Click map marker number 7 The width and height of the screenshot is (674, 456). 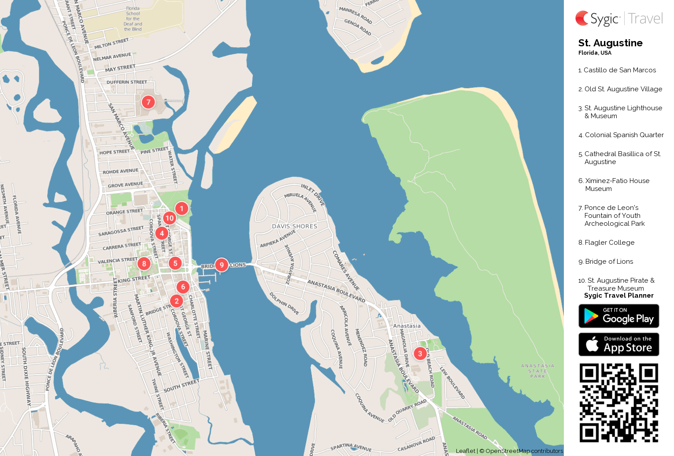[x=148, y=102]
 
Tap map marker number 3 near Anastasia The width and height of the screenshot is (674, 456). [x=420, y=354]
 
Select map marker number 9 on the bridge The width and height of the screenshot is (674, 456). [x=222, y=265]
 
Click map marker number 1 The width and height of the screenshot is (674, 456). [x=181, y=209]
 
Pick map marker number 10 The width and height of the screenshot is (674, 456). [x=170, y=218]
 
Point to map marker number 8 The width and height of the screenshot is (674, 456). [x=144, y=264]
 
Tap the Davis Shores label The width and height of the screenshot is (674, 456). [x=294, y=226]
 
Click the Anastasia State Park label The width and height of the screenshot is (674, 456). [x=537, y=371]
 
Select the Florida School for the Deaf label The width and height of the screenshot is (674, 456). [x=133, y=19]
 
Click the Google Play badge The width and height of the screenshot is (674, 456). [x=618, y=316]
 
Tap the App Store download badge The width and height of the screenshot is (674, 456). [x=618, y=344]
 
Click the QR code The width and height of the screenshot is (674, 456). [x=618, y=403]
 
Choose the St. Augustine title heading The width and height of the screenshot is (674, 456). [x=610, y=43]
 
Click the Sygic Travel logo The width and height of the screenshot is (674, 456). [x=618, y=19]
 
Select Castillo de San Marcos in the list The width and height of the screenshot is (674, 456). [x=619, y=70]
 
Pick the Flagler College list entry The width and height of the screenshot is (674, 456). [x=609, y=243]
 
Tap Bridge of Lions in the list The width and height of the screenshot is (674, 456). [x=609, y=262]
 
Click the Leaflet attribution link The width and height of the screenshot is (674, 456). [x=465, y=451]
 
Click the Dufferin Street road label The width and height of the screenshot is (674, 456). [x=127, y=82]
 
